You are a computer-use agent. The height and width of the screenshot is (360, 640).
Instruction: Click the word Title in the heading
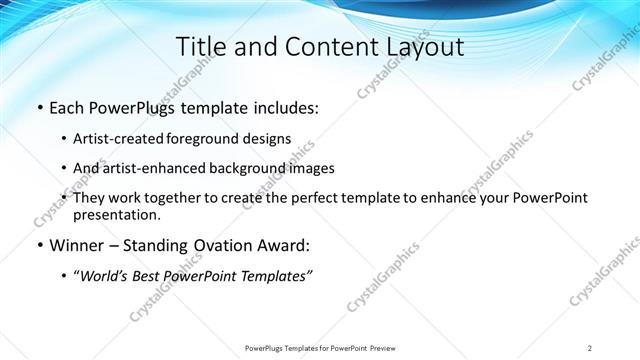[x=201, y=46]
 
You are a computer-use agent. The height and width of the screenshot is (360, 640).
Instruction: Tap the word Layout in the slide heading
[x=425, y=46]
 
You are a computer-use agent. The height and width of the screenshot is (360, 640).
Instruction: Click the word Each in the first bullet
[x=67, y=107]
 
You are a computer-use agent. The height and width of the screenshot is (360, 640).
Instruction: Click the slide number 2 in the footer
[x=590, y=348]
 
